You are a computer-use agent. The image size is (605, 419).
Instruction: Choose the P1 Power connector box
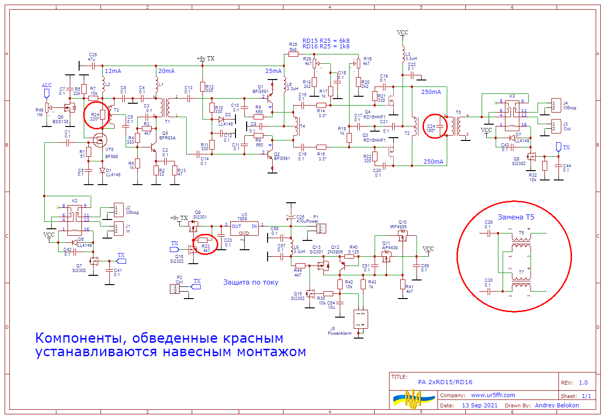pyautogui.click(x=322, y=228)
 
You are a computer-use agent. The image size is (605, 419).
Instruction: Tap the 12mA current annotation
pyautogui.click(x=113, y=71)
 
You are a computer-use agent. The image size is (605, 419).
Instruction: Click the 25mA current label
pyautogui.click(x=273, y=71)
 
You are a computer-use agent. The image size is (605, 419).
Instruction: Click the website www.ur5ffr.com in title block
pyautogui.click(x=493, y=395)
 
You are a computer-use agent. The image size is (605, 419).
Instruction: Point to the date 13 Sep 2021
pyautogui.click(x=479, y=405)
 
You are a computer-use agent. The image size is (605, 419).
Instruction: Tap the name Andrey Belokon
pyautogui.click(x=557, y=405)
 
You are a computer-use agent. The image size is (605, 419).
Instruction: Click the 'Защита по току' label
pyautogui.click(x=251, y=282)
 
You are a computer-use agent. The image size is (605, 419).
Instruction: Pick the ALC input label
pyautogui.click(x=47, y=86)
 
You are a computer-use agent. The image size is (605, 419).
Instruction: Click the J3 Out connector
pyautogui.click(x=555, y=126)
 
